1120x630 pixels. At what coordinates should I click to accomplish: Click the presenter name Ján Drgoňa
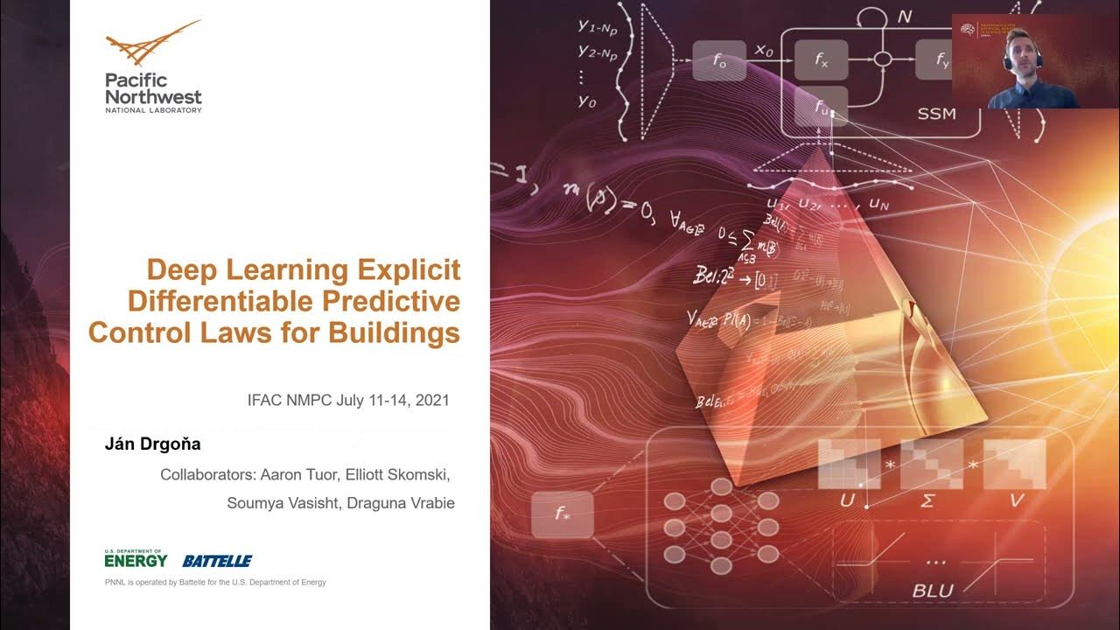152,444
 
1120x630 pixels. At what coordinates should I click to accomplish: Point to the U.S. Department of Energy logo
136,558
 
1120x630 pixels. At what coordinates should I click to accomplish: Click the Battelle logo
217,561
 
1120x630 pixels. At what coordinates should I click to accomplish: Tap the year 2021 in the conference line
432,401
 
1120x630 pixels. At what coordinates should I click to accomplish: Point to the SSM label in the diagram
936,114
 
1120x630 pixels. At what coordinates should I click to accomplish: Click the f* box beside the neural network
562,514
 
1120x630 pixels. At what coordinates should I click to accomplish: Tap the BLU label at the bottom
933,591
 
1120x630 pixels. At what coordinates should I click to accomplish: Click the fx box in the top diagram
821,60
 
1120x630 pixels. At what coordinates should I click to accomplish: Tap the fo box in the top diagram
719,60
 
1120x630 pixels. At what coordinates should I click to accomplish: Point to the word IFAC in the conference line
265,401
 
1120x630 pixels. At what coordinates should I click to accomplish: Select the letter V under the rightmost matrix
1015,500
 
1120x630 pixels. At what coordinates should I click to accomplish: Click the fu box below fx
821,107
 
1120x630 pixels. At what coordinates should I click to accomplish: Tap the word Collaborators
207,475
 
